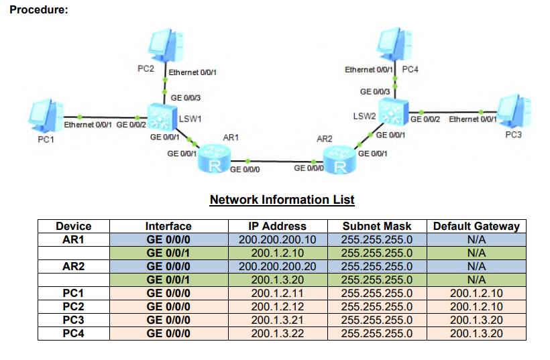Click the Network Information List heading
(282, 200)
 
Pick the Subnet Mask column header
(377, 227)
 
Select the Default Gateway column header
(476, 227)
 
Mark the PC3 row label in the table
(73, 320)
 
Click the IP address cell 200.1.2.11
(277, 294)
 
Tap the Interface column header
(168, 227)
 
